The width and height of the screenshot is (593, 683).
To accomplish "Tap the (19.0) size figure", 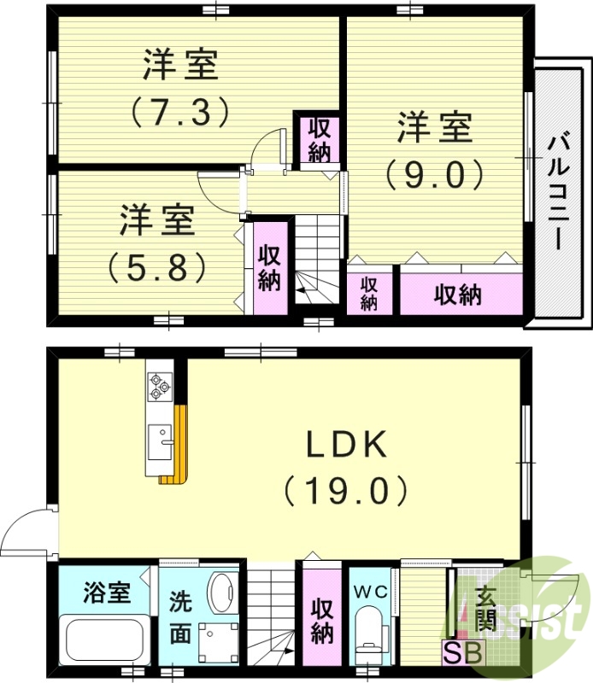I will [347, 490].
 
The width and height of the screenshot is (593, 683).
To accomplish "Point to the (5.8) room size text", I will [157, 266].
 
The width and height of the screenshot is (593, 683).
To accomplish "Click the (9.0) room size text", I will [434, 174].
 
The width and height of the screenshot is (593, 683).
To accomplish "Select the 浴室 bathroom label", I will [107, 591].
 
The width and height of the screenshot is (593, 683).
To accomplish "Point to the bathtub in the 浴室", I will [103, 639].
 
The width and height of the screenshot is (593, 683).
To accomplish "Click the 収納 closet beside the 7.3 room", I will [320, 140].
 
